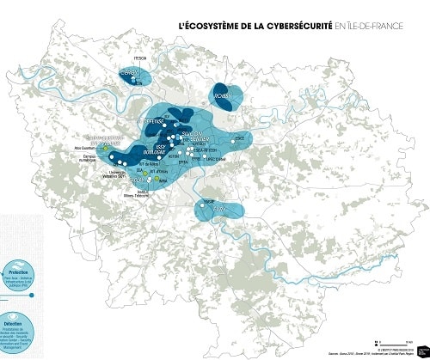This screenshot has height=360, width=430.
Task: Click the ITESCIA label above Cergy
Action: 135,58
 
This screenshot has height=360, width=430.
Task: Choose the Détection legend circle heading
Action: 16,301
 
